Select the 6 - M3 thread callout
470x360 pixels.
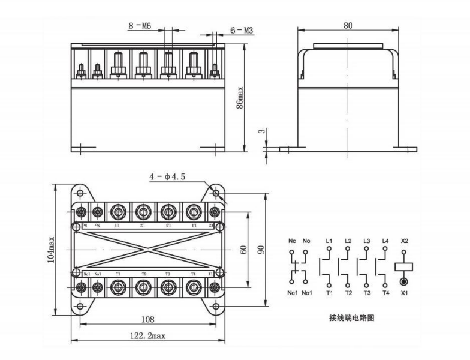[x=243, y=29]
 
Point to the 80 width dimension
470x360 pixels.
[x=348, y=25]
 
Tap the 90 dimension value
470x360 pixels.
[x=261, y=249]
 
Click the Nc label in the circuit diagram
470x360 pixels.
[x=293, y=241]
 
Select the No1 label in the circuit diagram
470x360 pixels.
[x=308, y=293]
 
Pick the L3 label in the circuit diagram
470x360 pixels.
[x=366, y=241]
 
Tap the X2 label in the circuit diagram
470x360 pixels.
[x=403, y=241]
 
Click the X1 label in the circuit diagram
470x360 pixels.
[x=403, y=293]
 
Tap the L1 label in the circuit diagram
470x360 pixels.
[x=329, y=241]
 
